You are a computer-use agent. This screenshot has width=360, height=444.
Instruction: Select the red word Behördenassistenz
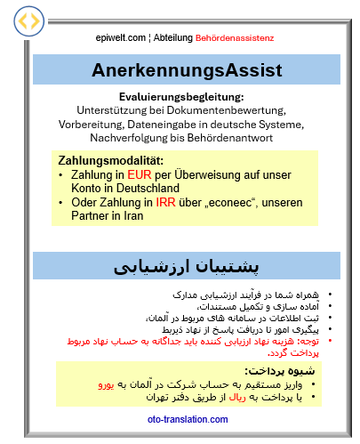(x=229, y=38)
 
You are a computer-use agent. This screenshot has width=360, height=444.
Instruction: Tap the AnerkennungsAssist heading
(x=187, y=69)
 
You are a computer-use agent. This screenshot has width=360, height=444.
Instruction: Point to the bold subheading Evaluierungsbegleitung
(x=180, y=97)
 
